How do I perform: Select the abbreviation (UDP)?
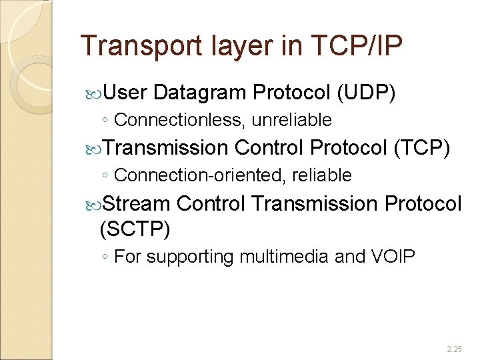point(367,94)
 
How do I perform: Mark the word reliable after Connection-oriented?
point(321,175)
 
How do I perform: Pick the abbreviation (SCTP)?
point(135,230)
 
